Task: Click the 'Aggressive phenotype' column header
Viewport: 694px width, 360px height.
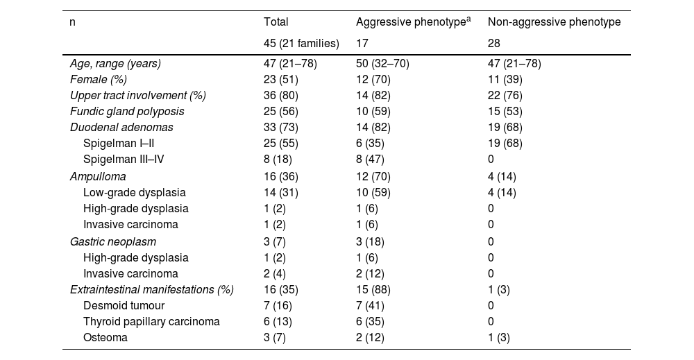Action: point(410,23)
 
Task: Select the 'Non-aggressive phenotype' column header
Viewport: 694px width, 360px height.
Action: point(554,23)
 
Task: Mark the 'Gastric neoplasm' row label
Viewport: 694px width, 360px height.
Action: point(112,241)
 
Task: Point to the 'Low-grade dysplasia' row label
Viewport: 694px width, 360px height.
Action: point(134,192)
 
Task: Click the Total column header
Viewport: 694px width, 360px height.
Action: point(276,23)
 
